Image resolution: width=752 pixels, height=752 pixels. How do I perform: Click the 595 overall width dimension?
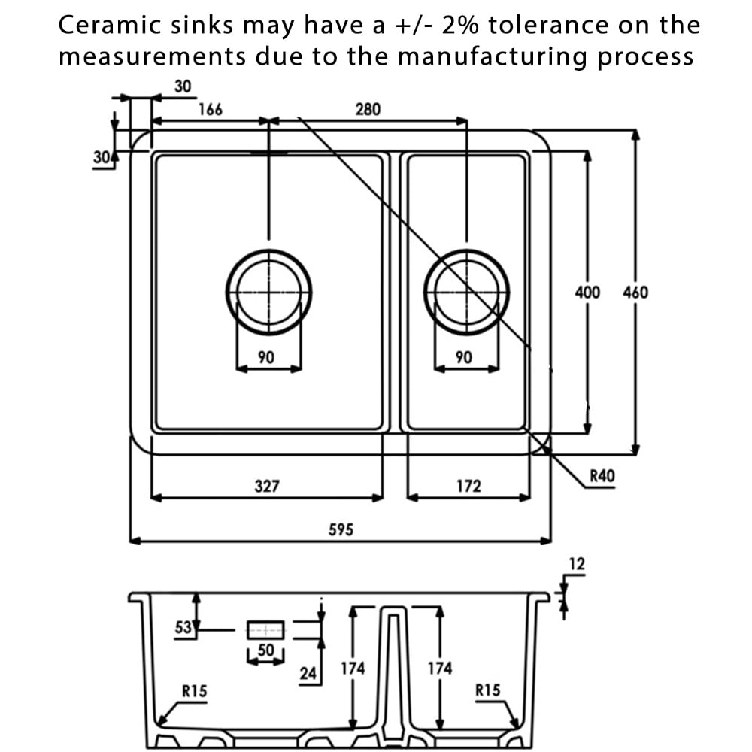pyautogui.click(x=341, y=529)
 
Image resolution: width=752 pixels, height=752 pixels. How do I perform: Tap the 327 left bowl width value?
pyautogui.click(x=267, y=486)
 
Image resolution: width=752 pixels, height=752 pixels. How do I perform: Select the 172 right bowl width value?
pyautogui.click(x=468, y=486)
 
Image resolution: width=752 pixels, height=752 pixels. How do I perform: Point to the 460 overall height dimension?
pyautogui.click(x=635, y=292)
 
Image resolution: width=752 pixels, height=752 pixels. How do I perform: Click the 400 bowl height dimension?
pyautogui.click(x=587, y=292)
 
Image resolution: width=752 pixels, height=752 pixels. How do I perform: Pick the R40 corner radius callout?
pyautogui.click(x=602, y=475)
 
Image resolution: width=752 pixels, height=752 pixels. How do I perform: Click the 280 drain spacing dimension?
pyautogui.click(x=368, y=109)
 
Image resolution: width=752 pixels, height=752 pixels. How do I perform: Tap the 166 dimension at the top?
pyautogui.click(x=210, y=109)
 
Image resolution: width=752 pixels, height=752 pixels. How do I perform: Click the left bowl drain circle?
pyautogui.click(x=268, y=291)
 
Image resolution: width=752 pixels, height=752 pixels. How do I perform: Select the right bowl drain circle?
pyautogui.click(x=466, y=291)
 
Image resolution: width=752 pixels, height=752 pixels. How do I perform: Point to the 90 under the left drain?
pyautogui.click(x=265, y=357)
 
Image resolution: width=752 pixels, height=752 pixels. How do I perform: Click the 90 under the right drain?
pyautogui.click(x=464, y=357)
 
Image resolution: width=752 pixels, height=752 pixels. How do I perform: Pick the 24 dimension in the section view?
pyautogui.click(x=308, y=673)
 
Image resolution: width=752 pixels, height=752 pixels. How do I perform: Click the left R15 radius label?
pyautogui.click(x=194, y=690)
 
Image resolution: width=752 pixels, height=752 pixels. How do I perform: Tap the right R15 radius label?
pyautogui.click(x=487, y=690)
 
